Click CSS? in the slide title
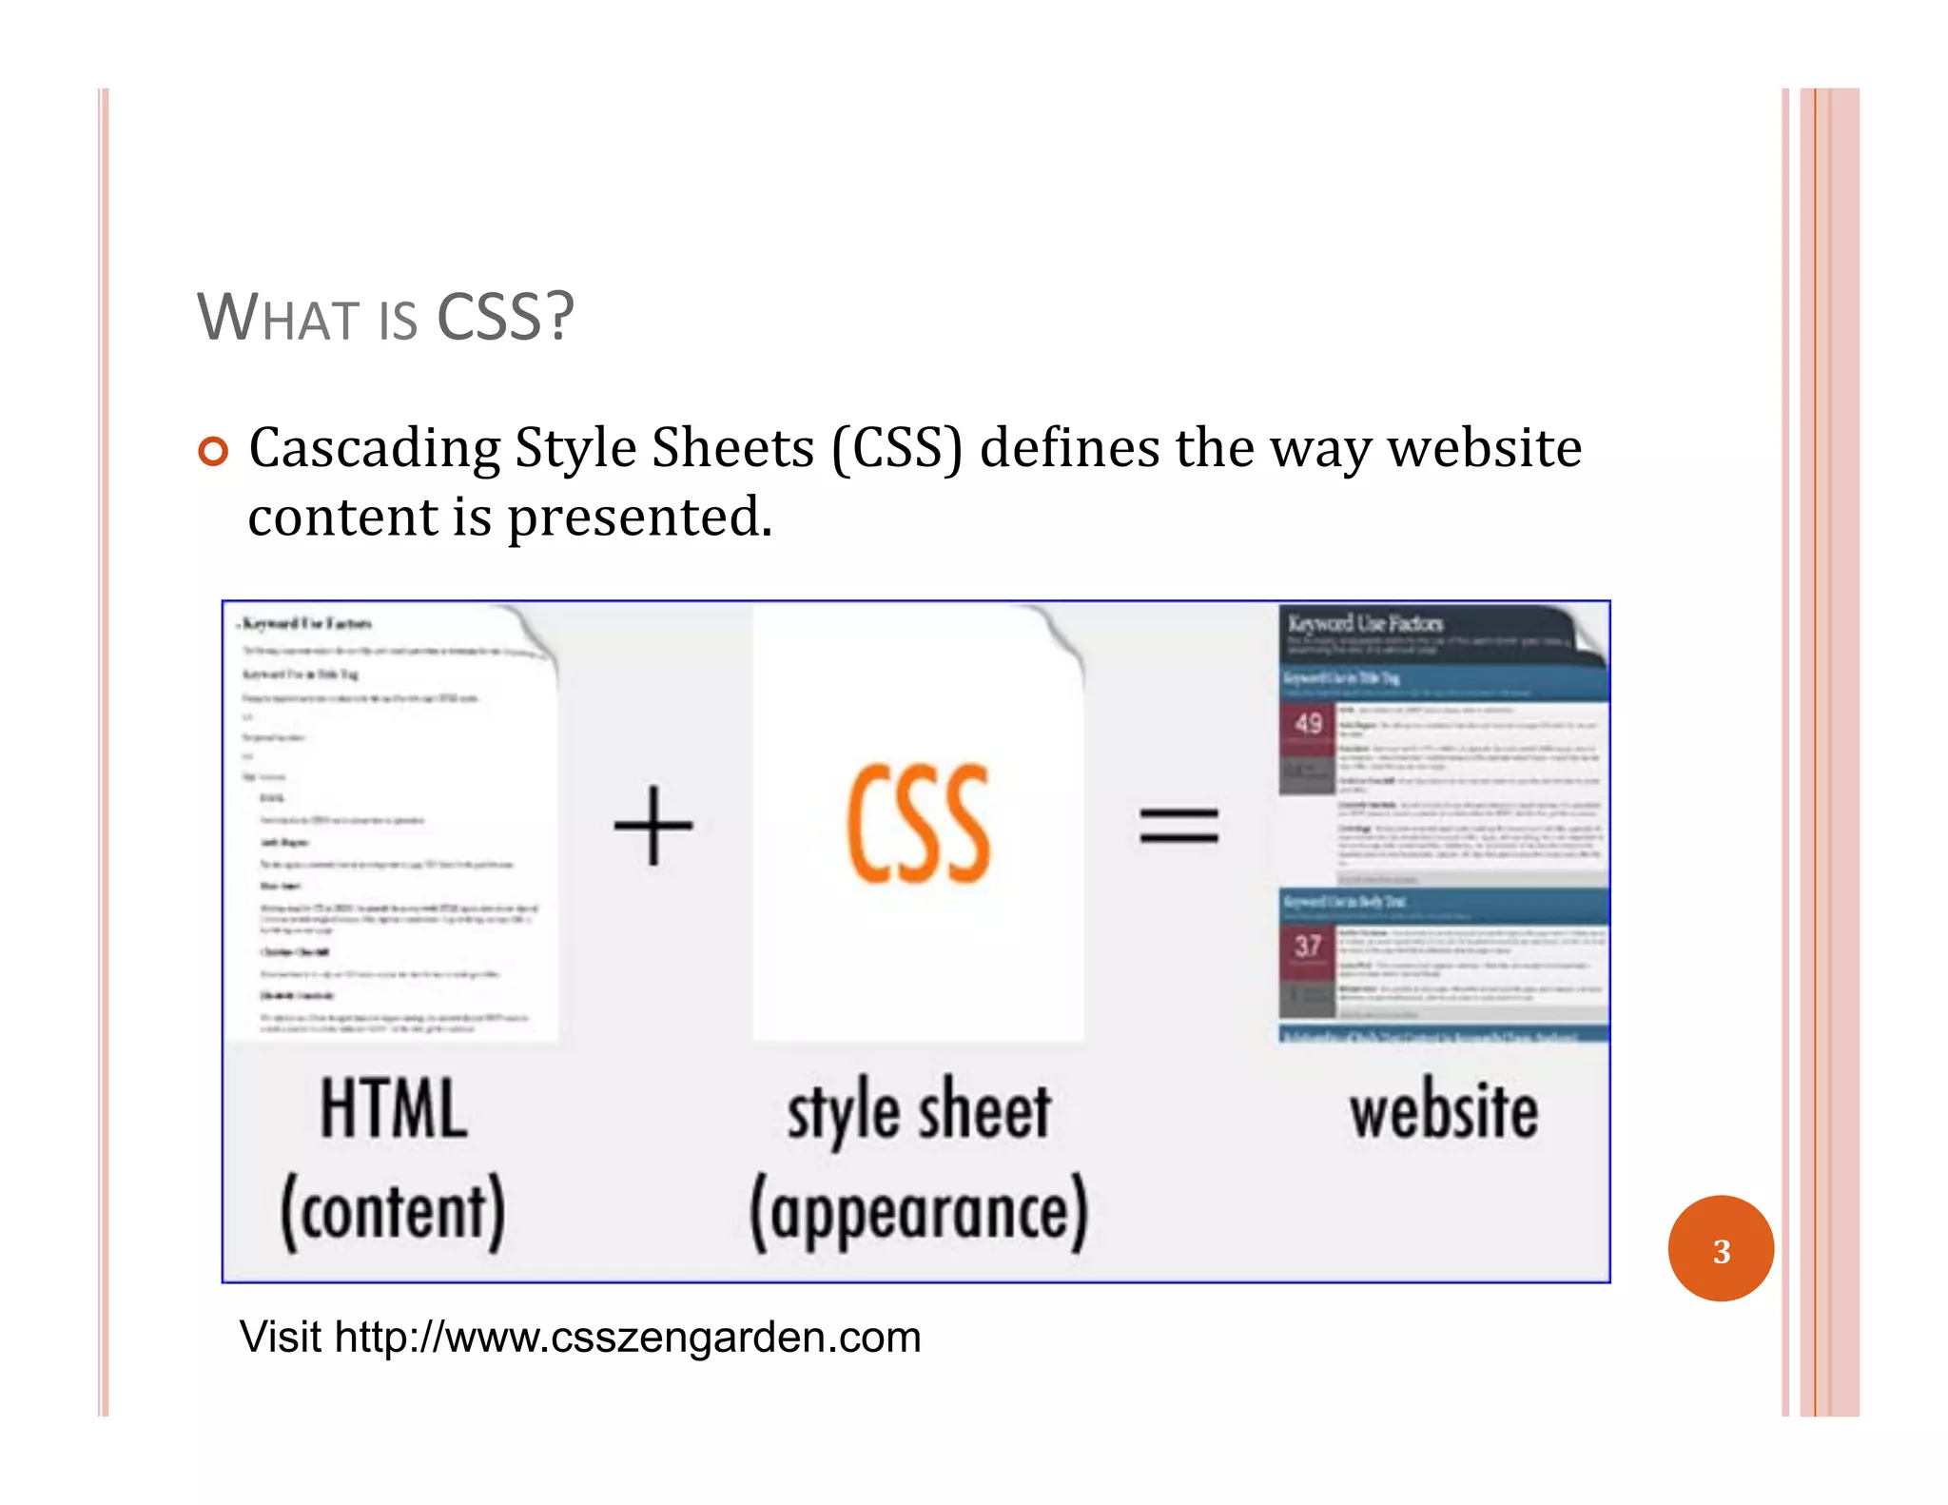(505, 317)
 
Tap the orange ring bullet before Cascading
(213, 451)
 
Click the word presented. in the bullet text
(639, 518)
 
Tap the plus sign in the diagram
(653, 825)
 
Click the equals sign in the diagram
(1179, 825)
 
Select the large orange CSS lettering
(918, 825)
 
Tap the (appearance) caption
(918, 1213)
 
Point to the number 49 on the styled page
(1308, 724)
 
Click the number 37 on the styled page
(1308, 946)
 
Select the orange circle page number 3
(1720, 1249)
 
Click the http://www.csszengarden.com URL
(628, 1338)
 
